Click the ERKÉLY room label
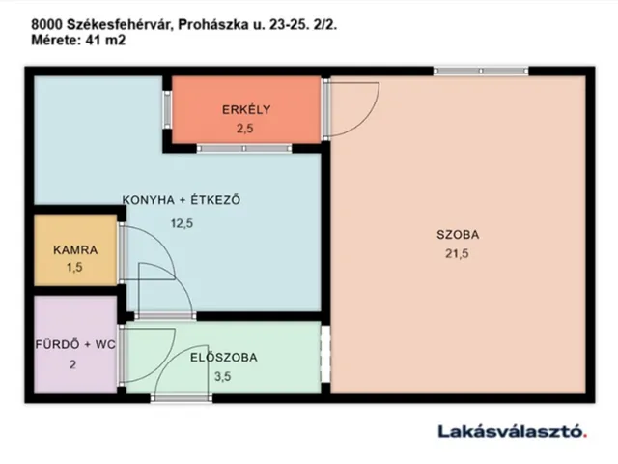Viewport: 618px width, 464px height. point(244,108)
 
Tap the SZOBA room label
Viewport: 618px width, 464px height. point(458,234)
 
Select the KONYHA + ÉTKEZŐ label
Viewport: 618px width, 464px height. point(180,200)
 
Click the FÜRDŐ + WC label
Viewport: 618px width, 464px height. point(74,344)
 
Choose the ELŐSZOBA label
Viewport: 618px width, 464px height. point(223,357)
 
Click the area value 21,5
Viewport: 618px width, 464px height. point(458,254)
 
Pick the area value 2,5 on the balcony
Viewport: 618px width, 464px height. point(244,127)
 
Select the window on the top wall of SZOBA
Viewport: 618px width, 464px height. point(480,70)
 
